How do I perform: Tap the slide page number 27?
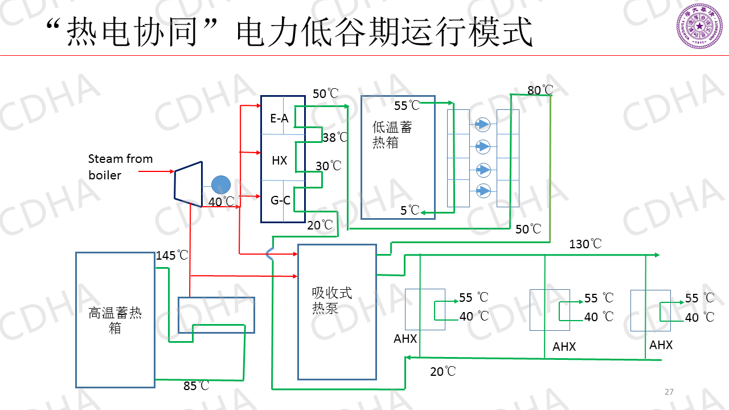pos(669,392)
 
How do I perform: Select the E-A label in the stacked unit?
pos(279,118)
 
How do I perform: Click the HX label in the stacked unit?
pos(279,161)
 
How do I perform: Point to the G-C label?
pos(280,200)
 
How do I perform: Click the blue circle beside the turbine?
pos(220,184)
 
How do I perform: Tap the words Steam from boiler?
pos(120,167)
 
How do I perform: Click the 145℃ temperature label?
pos(172,256)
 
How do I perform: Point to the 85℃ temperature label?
pos(196,386)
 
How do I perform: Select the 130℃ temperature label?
pos(585,244)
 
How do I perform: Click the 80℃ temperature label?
pos(540,90)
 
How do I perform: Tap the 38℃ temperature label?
pos(335,137)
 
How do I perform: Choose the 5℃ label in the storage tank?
pos(409,211)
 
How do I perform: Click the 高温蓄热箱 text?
pos(115,320)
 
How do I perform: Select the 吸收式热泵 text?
pos(332,300)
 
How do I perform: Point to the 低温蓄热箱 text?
pos(392,134)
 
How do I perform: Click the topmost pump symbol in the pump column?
pos(482,124)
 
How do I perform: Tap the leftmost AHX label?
pos(406,339)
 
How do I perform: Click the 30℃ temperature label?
pos(329,166)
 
